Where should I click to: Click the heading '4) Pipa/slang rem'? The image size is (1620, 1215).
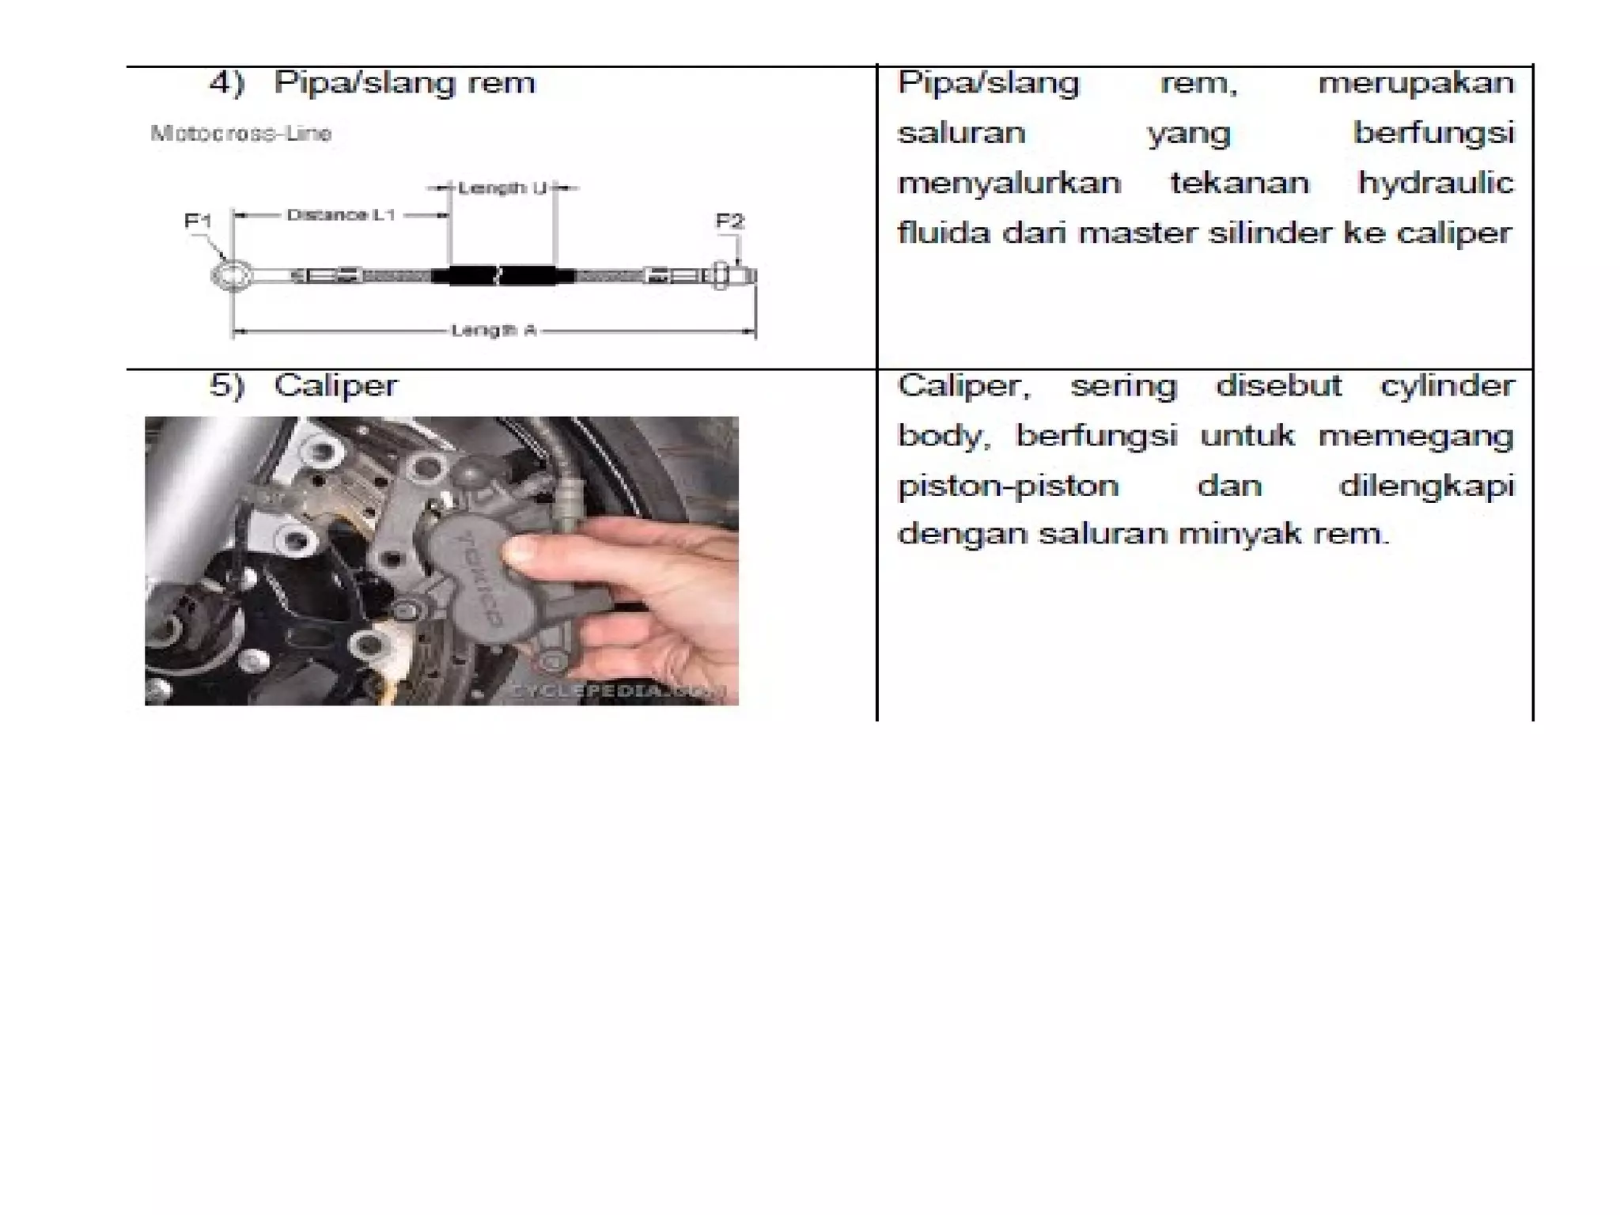pyautogui.click(x=372, y=82)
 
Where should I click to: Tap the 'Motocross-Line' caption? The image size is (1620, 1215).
pyautogui.click(x=240, y=133)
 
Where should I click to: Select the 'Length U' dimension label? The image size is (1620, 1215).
pyautogui.click(x=502, y=188)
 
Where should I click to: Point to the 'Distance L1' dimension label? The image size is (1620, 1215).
pyautogui.click(x=340, y=214)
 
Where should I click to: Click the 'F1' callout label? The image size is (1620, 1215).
pyautogui.click(x=198, y=221)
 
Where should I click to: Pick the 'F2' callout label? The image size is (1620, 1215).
pyautogui.click(x=729, y=221)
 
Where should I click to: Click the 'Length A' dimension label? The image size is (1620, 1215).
pyautogui.click(x=494, y=330)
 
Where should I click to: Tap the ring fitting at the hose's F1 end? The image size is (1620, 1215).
pyautogui.click(x=232, y=275)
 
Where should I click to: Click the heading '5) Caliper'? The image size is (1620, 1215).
pyautogui.click(x=304, y=385)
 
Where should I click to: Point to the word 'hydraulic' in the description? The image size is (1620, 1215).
pyautogui.click(x=1435, y=184)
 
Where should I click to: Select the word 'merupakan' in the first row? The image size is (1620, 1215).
pyautogui.click(x=1416, y=82)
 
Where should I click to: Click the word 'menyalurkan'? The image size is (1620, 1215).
pyautogui.click(x=1009, y=184)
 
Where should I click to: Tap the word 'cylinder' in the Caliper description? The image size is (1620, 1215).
pyautogui.click(x=1447, y=386)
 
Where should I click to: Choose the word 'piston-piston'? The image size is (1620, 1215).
pyautogui.click(x=1008, y=485)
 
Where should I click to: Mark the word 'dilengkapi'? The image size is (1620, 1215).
pyautogui.click(x=1426, y=485)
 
